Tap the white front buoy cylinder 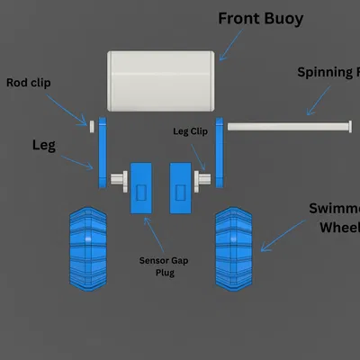pyautogui.click(x=161, y=81)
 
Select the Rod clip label pyautogui.click(x=28, y=83)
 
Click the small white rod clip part pyautogui.click(x=92, y=122)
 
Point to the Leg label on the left pyautogui.click(x=45, y=144)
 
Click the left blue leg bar pyautogui.click(x=103, y=153)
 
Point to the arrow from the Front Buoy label pyautogui.click(x=230, y=43)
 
